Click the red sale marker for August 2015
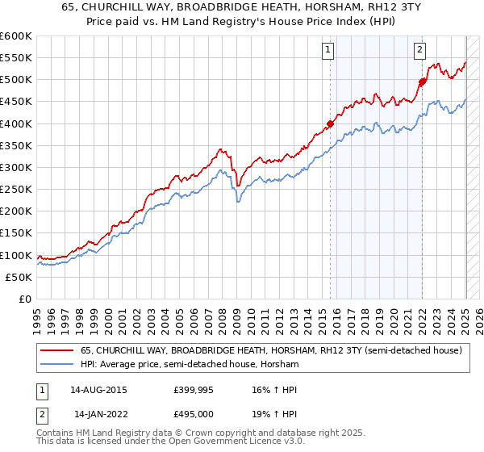[x=330, y=123]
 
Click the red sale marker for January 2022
[x=421, y=82]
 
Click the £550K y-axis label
[x=16, y=58]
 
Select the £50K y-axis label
[x=19, y=277]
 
